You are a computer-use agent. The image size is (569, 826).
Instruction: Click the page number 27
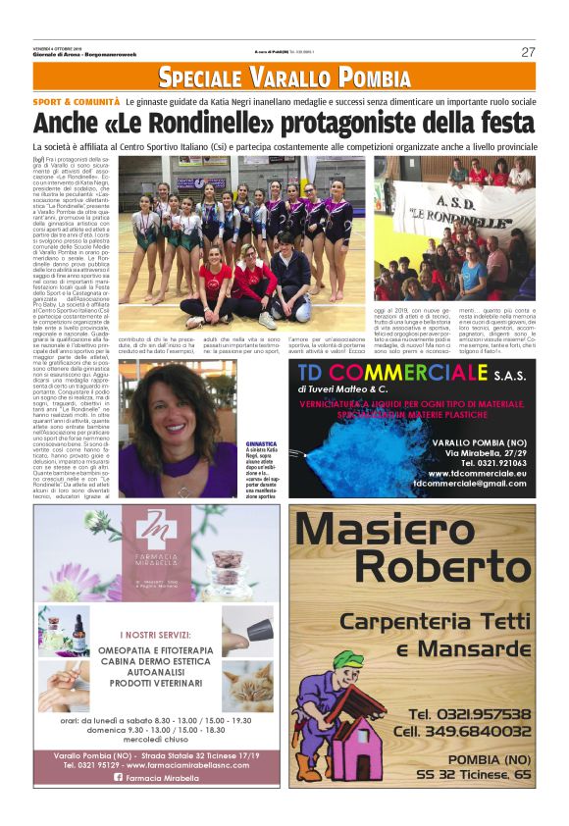(528, 52)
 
